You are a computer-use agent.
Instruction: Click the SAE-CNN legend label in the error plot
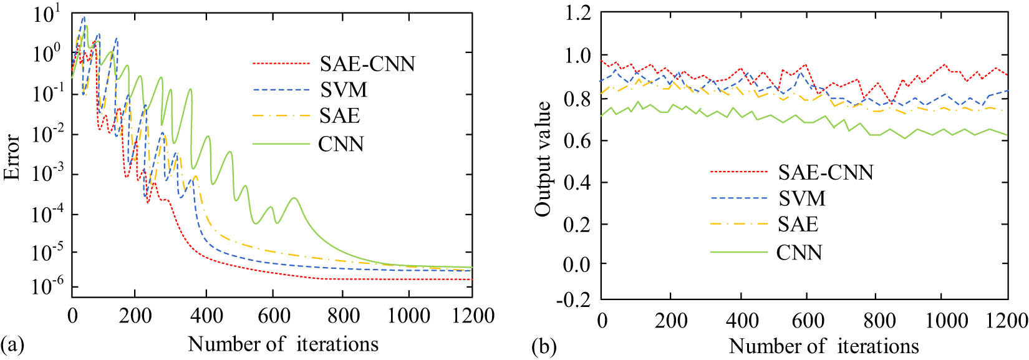coord(367,64)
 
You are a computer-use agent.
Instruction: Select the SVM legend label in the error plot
coord(344,90)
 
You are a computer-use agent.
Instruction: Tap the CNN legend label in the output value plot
coord(799,252)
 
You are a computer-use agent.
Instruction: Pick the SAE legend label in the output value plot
coord(798,224)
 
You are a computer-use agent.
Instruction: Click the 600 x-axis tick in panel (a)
coord(274,316)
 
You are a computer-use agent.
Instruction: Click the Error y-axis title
coord(12,157)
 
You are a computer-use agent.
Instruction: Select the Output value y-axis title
coord(543,159)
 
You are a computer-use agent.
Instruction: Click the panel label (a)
coord(12,344)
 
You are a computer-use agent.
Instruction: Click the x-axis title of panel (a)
coord(283,344)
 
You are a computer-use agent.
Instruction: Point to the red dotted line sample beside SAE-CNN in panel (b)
coord(738,172)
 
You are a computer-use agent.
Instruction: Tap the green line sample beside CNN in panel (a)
coord(281,144)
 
